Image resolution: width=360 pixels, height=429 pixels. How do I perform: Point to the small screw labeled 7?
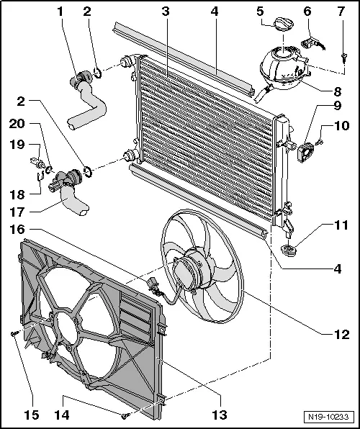tap(345, 54)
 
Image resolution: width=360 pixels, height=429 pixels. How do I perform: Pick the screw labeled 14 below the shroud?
tap(126, 416)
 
